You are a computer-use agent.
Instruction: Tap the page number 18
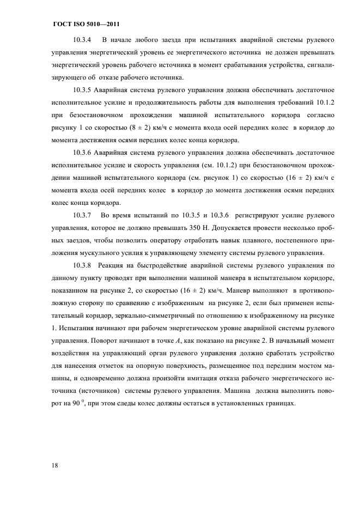(x=57, y=466)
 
